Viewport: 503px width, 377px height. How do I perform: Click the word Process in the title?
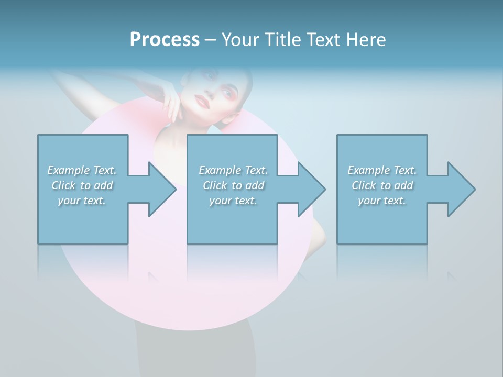tap(165, 40)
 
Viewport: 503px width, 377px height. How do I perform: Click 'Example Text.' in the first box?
tap(82, 170)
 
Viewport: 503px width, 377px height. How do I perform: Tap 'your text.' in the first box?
tap(82, 201)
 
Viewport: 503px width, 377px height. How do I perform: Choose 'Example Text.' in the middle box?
tap(233, 170)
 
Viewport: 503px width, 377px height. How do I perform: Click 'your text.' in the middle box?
tap(233, 201)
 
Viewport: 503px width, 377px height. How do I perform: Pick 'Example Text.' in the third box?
tap(382, 170)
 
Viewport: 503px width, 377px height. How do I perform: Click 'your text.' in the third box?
tap(382, 201)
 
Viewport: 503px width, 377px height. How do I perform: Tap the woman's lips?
tap(202, 101)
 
